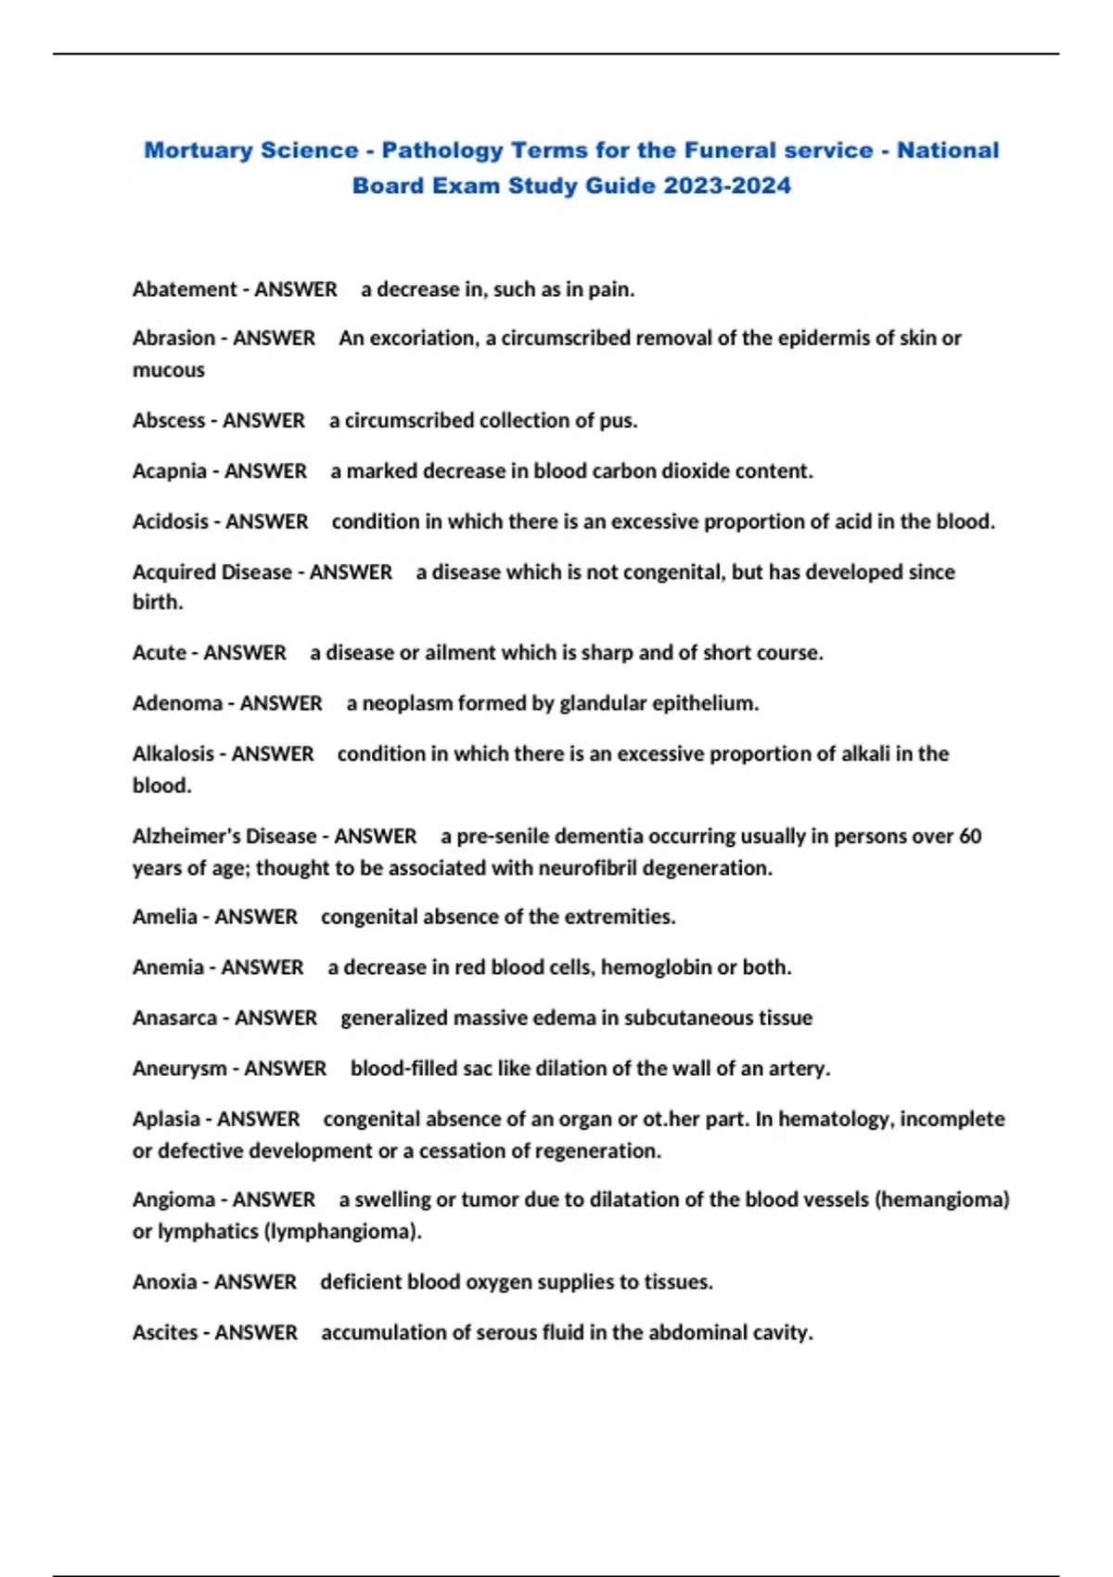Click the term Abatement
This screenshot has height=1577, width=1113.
[185, 289]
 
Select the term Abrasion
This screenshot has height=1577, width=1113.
[173, 338]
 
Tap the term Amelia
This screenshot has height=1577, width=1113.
[165, 917]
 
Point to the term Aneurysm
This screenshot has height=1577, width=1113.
[179, 1069]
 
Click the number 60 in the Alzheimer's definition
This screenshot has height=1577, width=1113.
[970, 836]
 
